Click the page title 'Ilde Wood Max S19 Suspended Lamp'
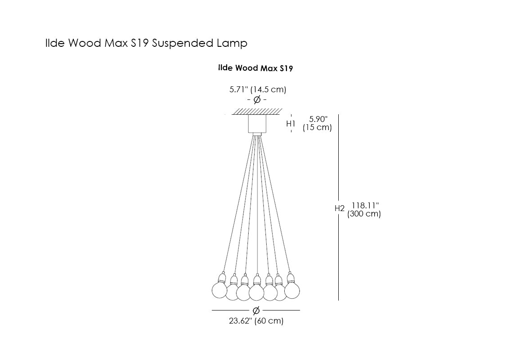click(x=146, y=43)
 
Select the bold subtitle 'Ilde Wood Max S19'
click(x=255, y=68)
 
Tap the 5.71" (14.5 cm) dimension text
click(x=258, y=89)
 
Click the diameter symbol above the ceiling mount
click(x=257, y=100)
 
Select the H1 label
click(x=291, y=123)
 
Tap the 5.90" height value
click(x=318, y=119)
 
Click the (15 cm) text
click(x=317, y=127)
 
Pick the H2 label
click(x=340, y=209)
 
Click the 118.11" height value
click(x=365, y=205)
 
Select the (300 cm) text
click(x=364, y=214)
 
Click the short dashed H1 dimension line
click(x=291, y=122)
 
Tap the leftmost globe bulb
click(x=220, y=290)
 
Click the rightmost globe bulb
click(x=292, y=290)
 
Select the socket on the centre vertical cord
click(x=256, y=280)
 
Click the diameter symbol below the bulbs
click(x=256, y=310)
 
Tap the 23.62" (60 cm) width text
click(x=256, y=321)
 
